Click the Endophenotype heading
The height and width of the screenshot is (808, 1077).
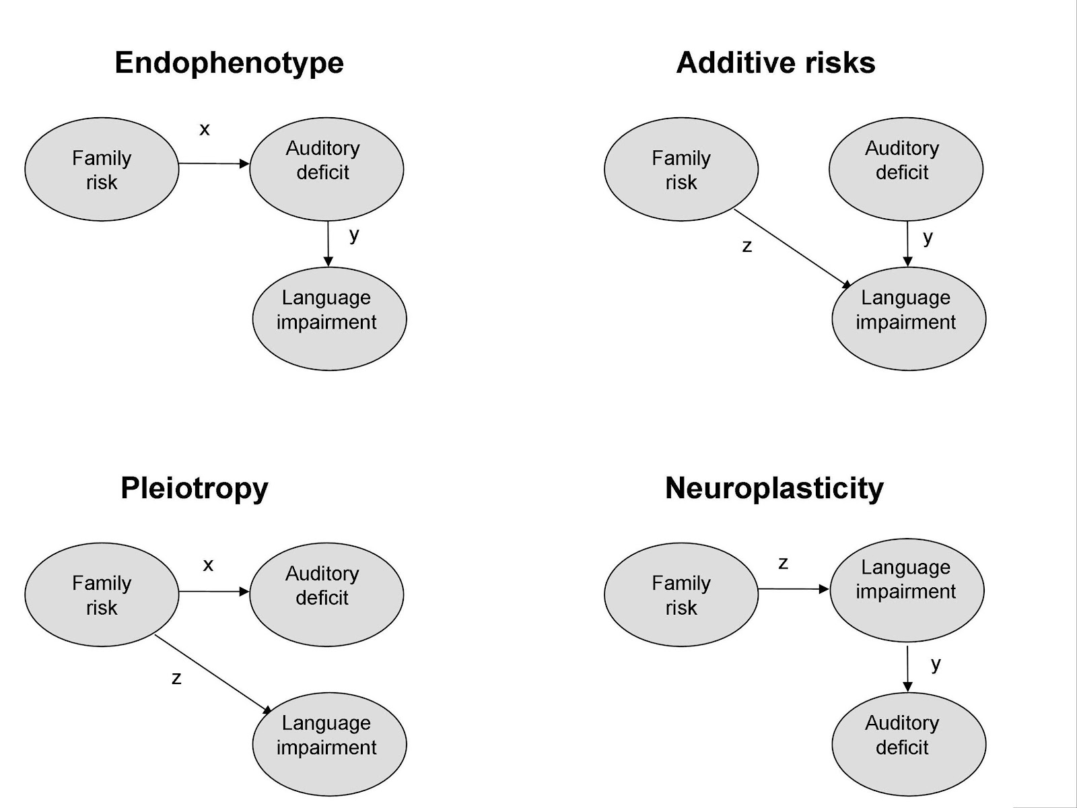pos(229,63)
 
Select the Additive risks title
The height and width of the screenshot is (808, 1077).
pos(775,63)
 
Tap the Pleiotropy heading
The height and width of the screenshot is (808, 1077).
pos(194,488)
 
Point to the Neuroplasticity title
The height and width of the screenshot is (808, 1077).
pos(774,488)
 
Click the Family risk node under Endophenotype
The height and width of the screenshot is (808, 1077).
pos(102,170)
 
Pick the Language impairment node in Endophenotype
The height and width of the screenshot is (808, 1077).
pos(329,318)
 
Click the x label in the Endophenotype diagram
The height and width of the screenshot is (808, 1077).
pos(205,129)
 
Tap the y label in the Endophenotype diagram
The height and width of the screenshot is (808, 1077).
pos(354,234)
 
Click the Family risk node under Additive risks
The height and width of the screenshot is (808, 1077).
pos(681,170)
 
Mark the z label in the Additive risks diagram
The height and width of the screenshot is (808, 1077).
pos(746,246)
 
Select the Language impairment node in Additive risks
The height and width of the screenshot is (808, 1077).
pos(909,318)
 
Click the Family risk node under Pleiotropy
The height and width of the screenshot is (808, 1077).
pos(102,595)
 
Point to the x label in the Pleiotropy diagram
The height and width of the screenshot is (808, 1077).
pos(208,564)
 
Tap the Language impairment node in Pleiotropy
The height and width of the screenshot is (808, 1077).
pos(329,744)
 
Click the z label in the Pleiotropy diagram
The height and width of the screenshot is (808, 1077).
pos(176,678)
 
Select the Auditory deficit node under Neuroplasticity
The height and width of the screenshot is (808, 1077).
pos(909,744)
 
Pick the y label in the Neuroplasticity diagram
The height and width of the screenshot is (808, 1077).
pos(936,664)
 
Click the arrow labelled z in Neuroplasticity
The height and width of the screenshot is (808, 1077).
pos(793,589)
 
